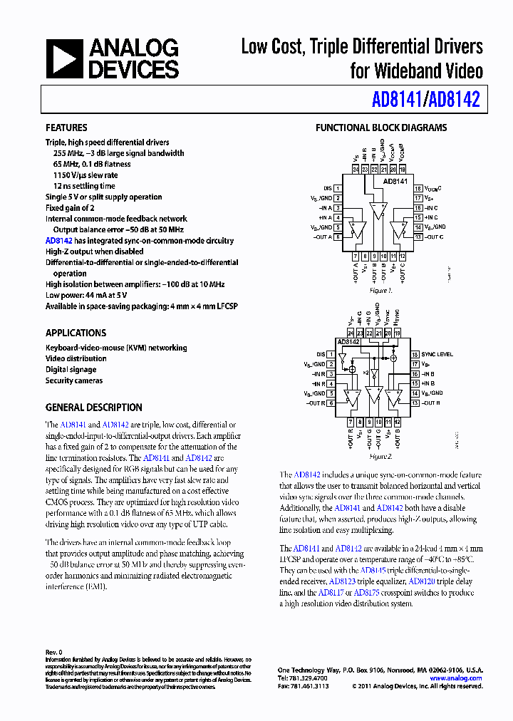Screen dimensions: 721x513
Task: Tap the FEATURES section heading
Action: coord(66,128)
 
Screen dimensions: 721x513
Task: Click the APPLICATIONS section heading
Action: coord(76,333)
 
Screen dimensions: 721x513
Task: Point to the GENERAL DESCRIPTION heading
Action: coord(93,408)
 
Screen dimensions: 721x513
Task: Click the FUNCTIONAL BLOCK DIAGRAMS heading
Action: coord(381,128)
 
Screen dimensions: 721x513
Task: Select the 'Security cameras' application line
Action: coord(74,380)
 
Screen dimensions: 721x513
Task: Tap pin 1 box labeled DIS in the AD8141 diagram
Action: coord(338,189)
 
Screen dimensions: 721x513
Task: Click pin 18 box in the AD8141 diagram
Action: coord(418,189)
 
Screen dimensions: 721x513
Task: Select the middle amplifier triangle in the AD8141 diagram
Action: coord(377,212)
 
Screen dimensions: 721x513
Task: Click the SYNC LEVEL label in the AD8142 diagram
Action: coord(437,354)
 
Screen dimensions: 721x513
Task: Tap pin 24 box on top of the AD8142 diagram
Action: coord(351,333)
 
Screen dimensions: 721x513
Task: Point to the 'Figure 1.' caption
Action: coord(380,291)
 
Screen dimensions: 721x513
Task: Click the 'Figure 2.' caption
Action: coord(380,456)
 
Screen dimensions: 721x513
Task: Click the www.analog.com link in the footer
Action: coord(456,678)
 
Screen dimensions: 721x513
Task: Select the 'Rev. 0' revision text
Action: coord(54,652)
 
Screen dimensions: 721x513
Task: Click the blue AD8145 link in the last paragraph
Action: coord(373,571)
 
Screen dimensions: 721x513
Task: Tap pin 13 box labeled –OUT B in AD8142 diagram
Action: coord(418,403)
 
